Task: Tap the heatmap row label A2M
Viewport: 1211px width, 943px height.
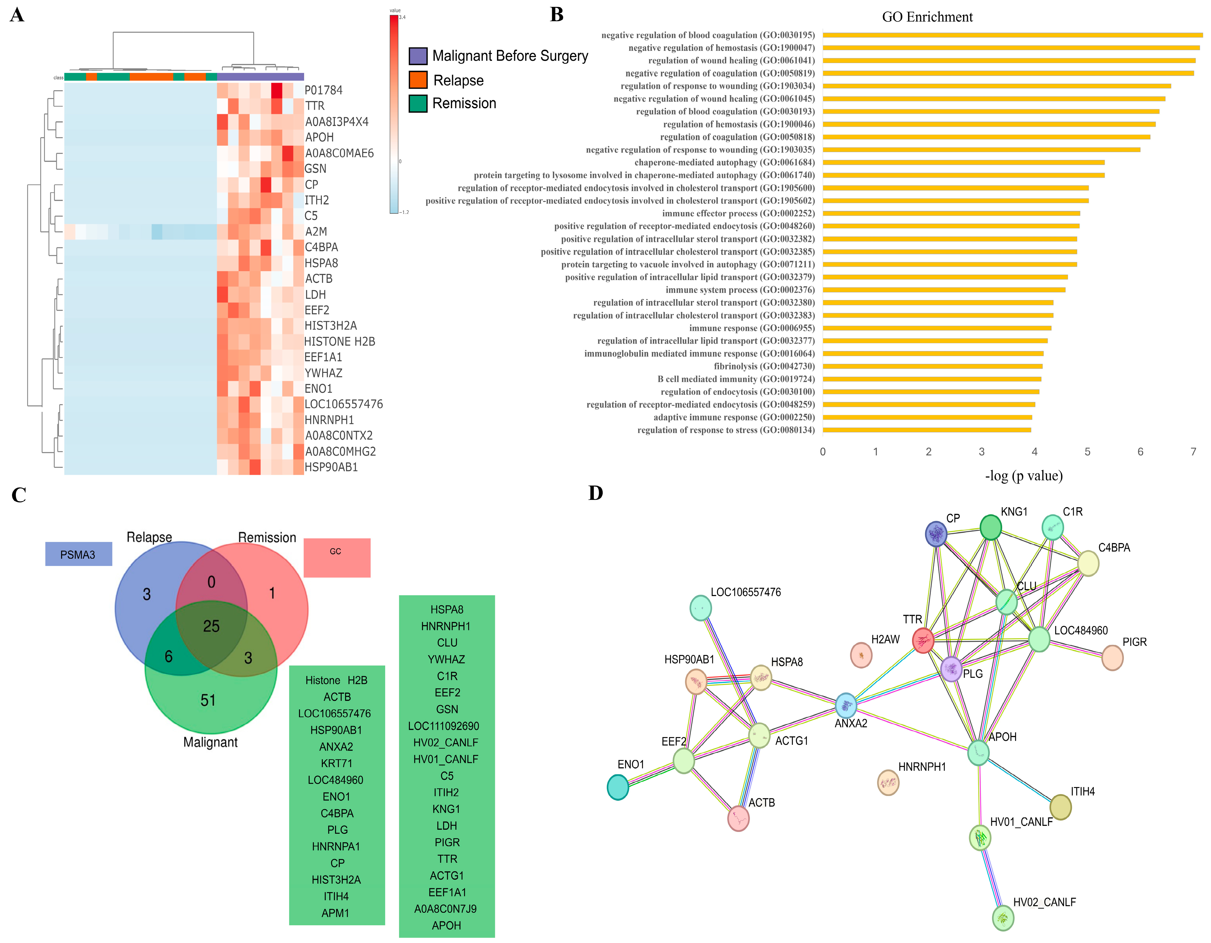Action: [x=316, y=232]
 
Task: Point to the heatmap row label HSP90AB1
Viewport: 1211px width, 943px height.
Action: [x=331, y=467]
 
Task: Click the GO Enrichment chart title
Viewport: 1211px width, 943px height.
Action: [x=927, y=17]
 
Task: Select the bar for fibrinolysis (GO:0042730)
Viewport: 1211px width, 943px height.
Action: [x=932, y=367]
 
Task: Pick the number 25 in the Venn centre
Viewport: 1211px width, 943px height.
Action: [x=211, y=626]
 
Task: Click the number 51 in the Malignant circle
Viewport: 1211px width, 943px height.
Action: [x=208, y=700]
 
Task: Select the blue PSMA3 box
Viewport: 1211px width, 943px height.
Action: [x=78, y=554]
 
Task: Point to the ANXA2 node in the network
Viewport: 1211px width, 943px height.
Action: [x=846, y=706]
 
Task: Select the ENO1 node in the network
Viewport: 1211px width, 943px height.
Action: [x=618, y=787]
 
